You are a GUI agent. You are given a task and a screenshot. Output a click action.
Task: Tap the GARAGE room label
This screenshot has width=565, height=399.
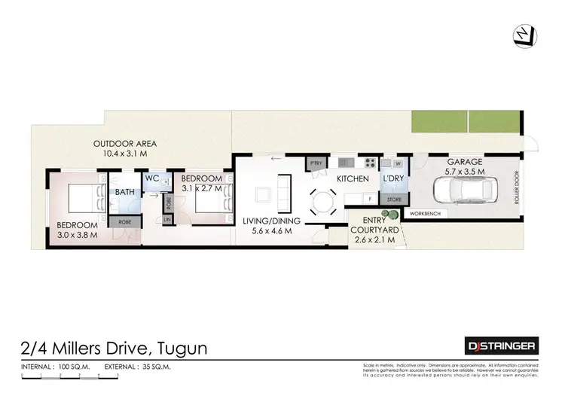tap(464, 163)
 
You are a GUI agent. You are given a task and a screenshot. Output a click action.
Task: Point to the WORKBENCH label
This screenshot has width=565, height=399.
tap(426, 214)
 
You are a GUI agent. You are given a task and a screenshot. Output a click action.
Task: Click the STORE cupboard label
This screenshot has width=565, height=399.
tap(394, 200)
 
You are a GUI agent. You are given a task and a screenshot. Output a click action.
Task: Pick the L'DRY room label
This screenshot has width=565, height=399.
tap(393, 178)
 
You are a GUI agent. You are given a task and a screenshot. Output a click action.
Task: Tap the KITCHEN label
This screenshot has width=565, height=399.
tap(353, 178)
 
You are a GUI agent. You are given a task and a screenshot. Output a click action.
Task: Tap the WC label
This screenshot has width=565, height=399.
tap(151, 178)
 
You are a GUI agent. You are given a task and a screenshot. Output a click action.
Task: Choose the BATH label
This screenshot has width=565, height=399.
tap(124, 192)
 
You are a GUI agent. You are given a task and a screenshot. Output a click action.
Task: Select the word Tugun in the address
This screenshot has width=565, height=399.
tap(182, 348)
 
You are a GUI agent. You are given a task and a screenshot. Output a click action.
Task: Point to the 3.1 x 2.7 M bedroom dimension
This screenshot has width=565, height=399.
tap(203, 188)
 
